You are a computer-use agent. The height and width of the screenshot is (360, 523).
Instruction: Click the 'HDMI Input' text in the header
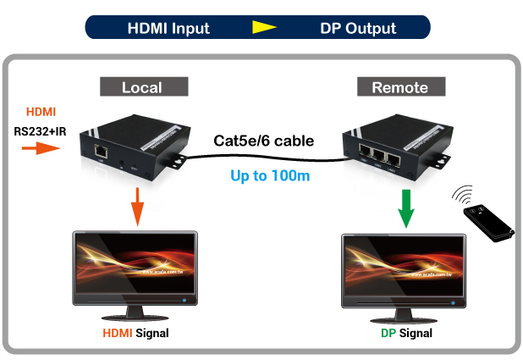168,27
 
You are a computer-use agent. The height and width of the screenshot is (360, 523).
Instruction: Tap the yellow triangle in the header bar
265,27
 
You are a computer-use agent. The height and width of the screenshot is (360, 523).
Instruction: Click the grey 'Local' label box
141,87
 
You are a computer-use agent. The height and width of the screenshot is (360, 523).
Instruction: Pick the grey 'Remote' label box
399,87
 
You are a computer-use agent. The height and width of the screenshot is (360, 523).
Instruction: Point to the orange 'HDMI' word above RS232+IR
41,113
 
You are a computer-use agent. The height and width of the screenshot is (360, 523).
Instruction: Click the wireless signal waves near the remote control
465,195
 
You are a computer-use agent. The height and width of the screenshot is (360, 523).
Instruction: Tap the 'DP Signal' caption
406,333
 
